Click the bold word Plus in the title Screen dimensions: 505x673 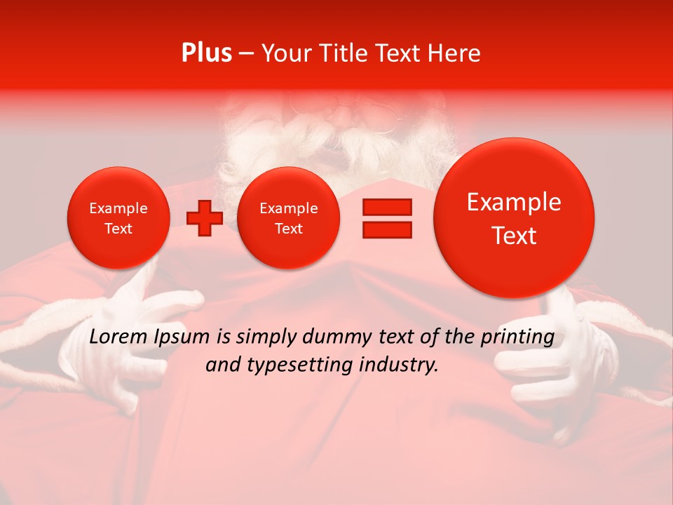coord(207,53)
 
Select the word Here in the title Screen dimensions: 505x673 coord(454,53)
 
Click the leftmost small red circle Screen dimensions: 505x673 coord(118,218)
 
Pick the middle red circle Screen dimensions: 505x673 coord(288,218)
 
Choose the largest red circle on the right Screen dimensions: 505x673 coord(514,218)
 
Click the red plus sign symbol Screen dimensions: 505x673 coord(204,218)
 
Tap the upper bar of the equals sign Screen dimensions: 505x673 coord(386,207)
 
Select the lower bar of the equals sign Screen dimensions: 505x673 coord(386,229)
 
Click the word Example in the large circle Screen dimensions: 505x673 coord(514,202)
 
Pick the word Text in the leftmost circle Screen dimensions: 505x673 coord(118,229)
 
